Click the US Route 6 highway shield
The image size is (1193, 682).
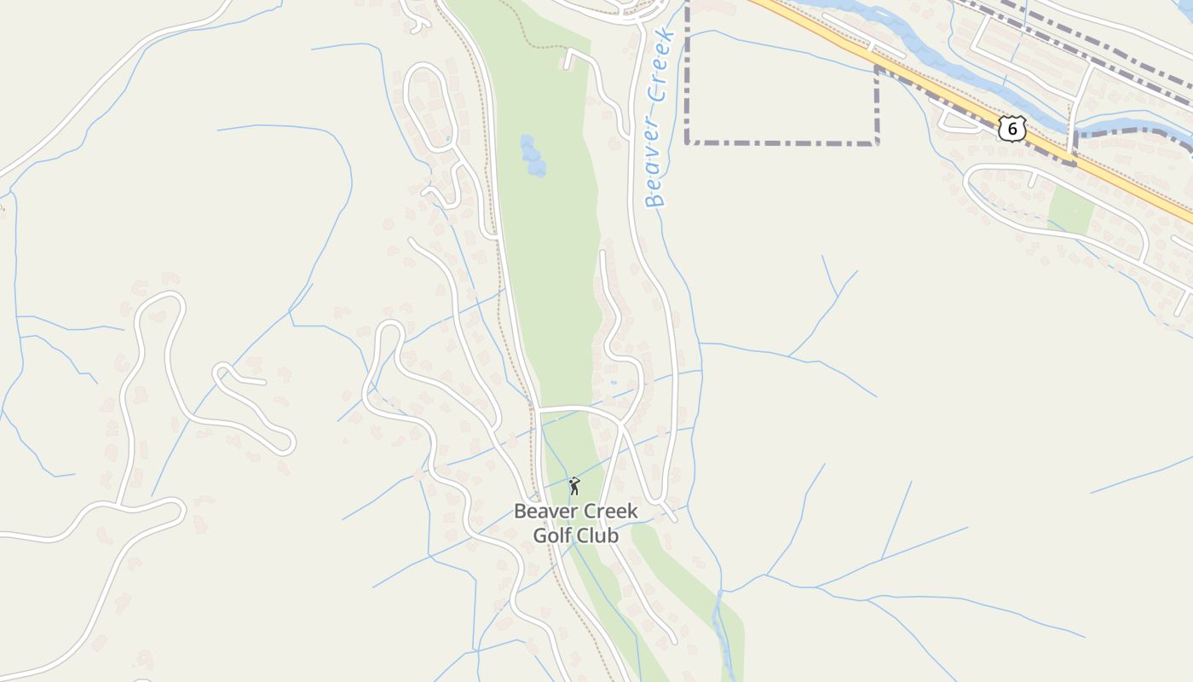click(x=1011, y=129)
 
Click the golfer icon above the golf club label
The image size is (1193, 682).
click(x=574, y=486)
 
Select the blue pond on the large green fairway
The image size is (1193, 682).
click(x=533, y=156)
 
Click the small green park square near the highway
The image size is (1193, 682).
click(x=1071, y=209)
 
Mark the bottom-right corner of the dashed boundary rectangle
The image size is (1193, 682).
click(x=877, y=142)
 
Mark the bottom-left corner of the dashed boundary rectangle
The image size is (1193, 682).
click(x=688, y=142)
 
